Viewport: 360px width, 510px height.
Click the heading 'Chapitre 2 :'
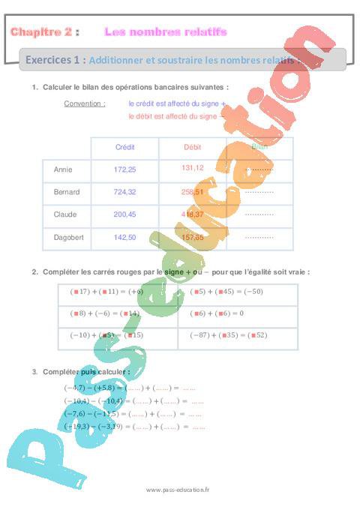click(43, 32)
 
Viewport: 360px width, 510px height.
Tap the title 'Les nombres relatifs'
click(165, 32)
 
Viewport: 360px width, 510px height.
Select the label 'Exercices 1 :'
click(55, 59)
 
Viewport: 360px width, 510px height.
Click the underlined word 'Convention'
click(84, 103)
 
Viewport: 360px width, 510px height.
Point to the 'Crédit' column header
click(124, 147)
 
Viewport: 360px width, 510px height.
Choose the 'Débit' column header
click(193, 147)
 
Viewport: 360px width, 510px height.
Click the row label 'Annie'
click(63, 169)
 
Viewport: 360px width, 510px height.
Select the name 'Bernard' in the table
click(67, 192)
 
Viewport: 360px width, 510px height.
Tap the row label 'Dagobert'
click(68, 237)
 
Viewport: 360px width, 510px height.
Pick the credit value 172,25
click(124, 169)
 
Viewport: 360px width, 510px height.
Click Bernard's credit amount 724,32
click(124, 192)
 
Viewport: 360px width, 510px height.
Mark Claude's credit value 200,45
click(124, 214)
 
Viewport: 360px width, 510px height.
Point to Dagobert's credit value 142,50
click(124, 237)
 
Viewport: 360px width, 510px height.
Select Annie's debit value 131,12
click(193, 168)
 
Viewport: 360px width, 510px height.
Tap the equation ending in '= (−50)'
click(226, 292)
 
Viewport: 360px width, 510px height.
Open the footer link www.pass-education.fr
click(178, 489)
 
